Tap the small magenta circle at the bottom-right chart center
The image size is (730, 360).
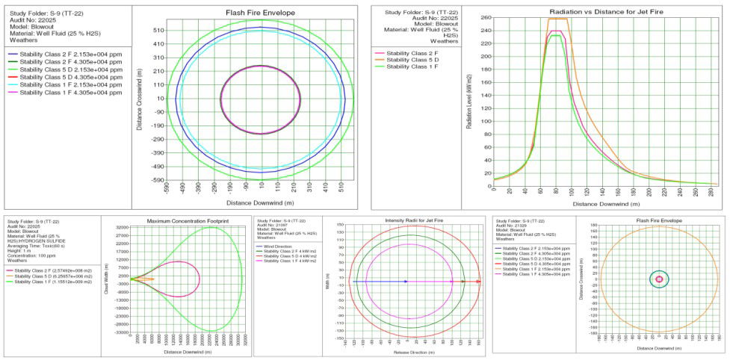(x=658, y=279)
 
